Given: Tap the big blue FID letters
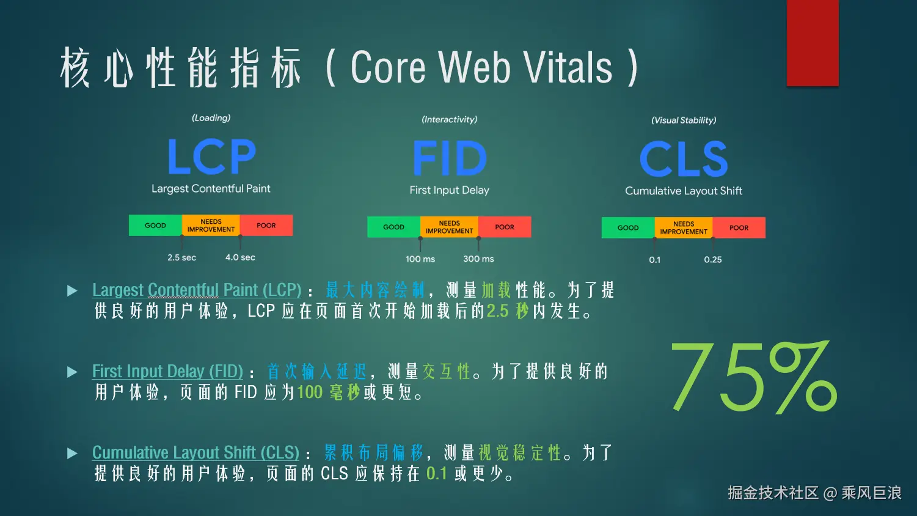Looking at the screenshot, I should click(450, 158).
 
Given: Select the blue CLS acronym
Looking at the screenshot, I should click(684, 159).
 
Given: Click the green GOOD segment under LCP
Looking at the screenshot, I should click(155, 226).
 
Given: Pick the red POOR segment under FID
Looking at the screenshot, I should click(505, 227).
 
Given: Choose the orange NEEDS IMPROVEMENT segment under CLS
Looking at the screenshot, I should click(684, 228).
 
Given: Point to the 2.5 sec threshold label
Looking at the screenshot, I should click(181, 257).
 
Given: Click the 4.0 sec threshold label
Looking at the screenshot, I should click(240, 257).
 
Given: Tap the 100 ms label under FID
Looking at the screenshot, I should click(420, 259).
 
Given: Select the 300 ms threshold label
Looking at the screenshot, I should click(478, 259).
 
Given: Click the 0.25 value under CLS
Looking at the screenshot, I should click(712, 260).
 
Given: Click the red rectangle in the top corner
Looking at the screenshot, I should click(813, 43).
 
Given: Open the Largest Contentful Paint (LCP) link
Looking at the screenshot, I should click(197, 290).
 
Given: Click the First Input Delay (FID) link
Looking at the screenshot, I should click(167, 371).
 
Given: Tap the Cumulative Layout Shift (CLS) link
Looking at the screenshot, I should click(195, 452).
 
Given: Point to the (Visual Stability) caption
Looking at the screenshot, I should click(684, 120).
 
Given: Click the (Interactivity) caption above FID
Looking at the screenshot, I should click(449, 120).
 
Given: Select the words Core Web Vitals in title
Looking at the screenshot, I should click(481, 67).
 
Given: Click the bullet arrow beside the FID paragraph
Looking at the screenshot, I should click(72, 372).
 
